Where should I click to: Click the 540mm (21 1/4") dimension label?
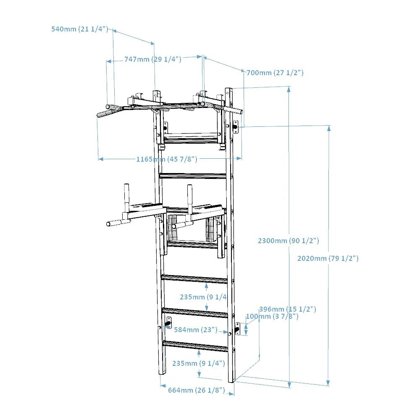[79, 29]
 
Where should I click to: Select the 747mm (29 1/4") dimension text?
[153, 59]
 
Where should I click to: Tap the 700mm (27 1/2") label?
[275, 73]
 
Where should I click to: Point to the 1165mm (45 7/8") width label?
[167, 159]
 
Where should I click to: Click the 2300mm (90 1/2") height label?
[289, 241]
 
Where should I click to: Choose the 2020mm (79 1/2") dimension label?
[328, 258]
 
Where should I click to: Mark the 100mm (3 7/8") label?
[272, 316]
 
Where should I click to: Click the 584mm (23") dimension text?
[196, 330]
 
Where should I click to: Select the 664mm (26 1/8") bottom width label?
[197, 390]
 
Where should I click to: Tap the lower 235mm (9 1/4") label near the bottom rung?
[199, 363]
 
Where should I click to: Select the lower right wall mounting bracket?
[237, 329]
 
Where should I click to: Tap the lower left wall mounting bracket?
[169, 323]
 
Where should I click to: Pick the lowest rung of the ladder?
[195, 346]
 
